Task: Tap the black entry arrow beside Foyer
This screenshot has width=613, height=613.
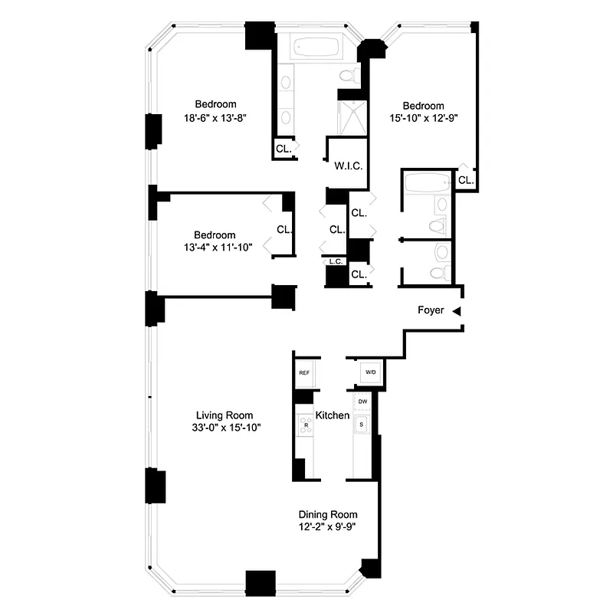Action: point(456,311)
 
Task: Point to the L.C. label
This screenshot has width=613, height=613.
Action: point(335,261)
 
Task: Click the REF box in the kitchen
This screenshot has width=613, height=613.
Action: point(304,373)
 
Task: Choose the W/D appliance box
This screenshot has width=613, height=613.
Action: point(371,373)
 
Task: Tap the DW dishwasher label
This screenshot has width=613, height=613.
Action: point(362,402)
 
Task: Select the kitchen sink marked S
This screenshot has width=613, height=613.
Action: point(362,424)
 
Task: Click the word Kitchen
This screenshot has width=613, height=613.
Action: point(333,415)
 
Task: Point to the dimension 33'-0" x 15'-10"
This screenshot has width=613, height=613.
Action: point(223,428)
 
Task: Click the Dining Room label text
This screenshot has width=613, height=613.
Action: point(328,515)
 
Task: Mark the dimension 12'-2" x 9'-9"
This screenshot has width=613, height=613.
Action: point(328,527)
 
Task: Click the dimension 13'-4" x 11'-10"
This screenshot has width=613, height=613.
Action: point(215,247)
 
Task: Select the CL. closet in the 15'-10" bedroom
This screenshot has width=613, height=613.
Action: point(464,180)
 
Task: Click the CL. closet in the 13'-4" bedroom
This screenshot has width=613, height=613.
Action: point(284,229)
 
